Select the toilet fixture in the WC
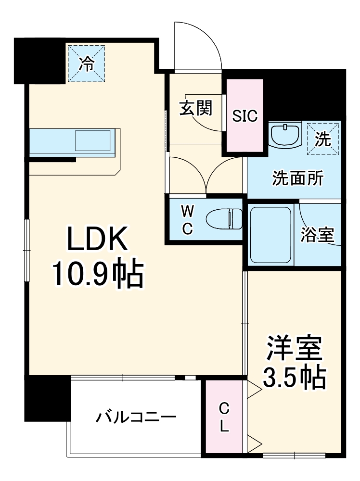pos(225,219)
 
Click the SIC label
pos(245,116)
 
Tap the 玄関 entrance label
pos(196,109)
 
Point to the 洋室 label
pos(294,350)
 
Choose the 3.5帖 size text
pos(294,378)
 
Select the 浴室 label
pos(317,235)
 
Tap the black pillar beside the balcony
pos(47,397)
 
